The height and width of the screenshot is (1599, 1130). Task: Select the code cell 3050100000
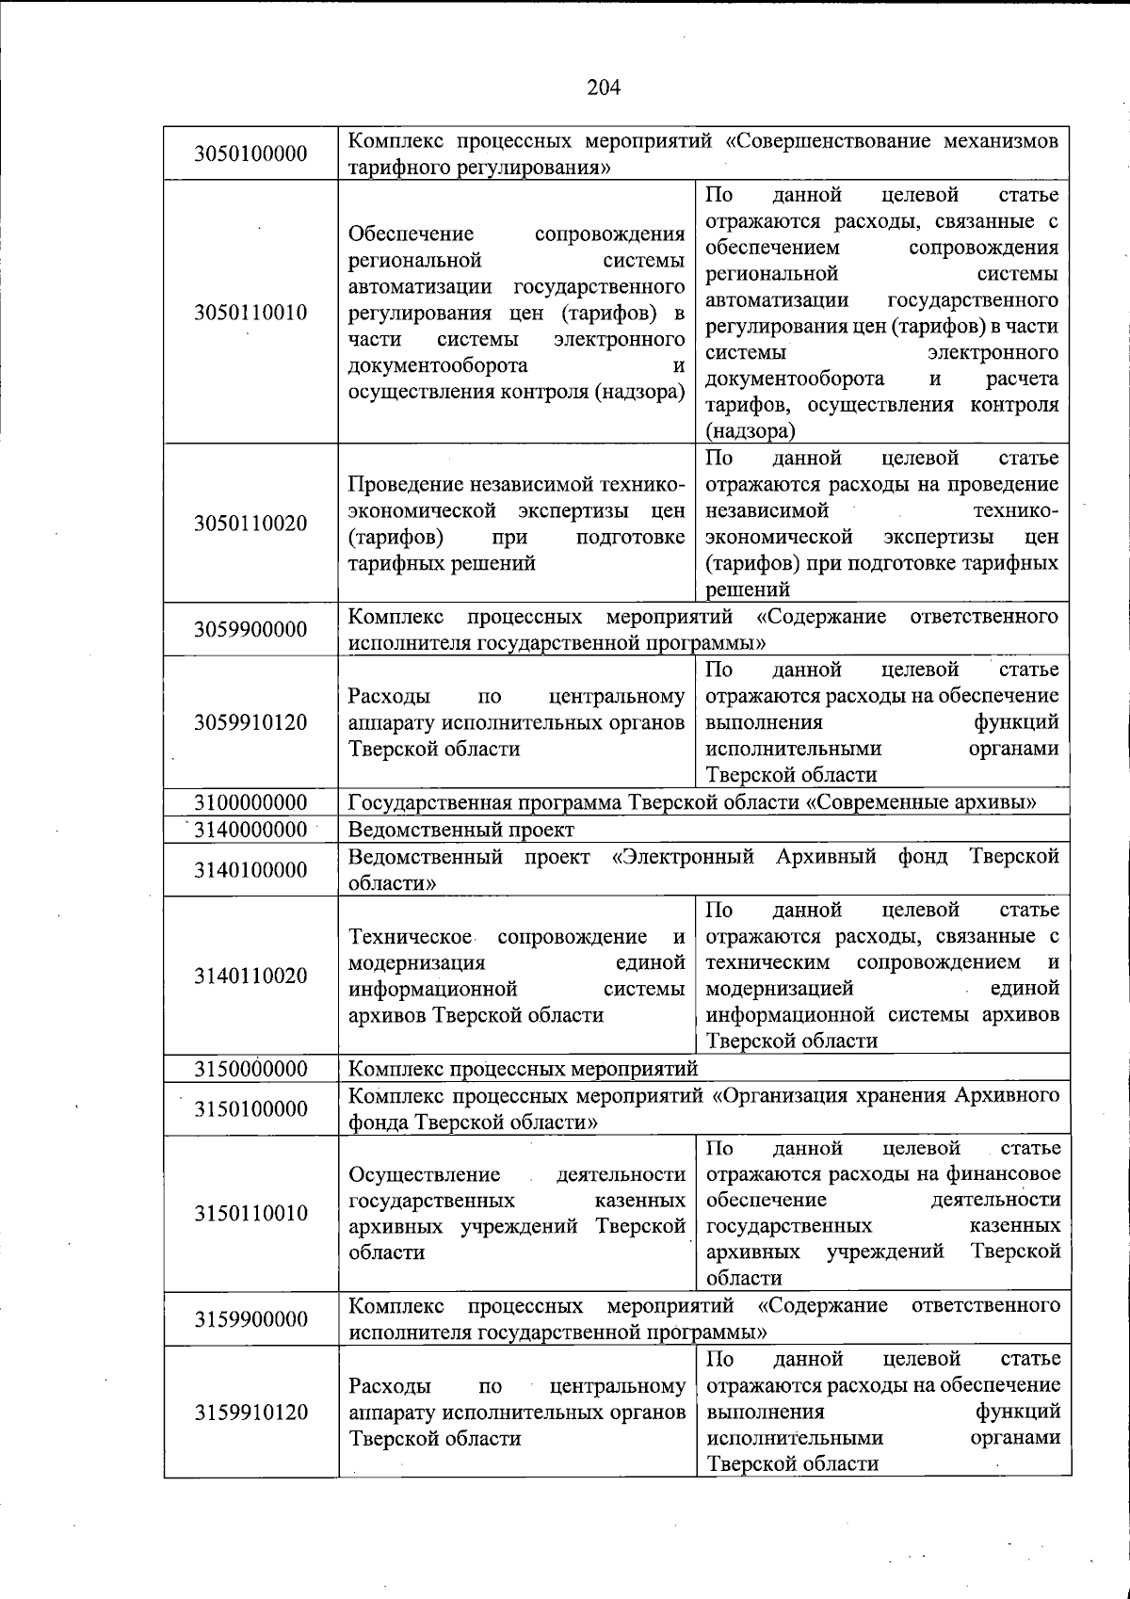click(250, 153)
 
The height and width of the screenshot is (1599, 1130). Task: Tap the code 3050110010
click(250, 313)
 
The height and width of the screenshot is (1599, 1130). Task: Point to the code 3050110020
click(250, 524)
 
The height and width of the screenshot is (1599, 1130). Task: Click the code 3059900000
click(250, 629)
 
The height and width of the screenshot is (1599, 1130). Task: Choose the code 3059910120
click(250, 722)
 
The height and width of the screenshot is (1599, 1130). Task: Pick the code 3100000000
click(250, 802)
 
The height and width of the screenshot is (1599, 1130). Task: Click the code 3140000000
click(250, 830)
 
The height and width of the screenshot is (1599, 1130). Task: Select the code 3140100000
click(250, 869)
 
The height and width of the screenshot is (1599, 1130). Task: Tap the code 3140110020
click(250, 976)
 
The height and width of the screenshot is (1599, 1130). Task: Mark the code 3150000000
click(250, 1069)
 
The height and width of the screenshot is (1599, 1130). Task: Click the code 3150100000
click(250, 1108)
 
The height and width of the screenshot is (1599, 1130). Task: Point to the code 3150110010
click(250, 1213)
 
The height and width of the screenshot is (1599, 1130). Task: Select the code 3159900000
click(250, 1318)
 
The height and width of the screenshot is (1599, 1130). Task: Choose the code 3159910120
click(250, 1413)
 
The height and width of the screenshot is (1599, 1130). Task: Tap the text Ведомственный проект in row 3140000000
click(460, 830)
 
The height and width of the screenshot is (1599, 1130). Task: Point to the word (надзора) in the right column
click(751, 431)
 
